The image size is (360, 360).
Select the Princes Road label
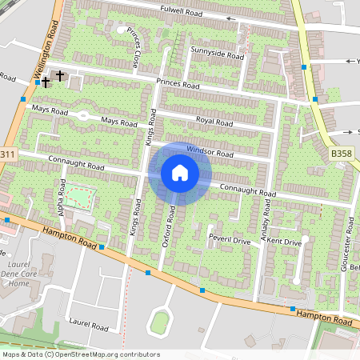pyautogui.click(x=178, y=84)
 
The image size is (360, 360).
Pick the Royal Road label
pyautogui.click(x=214, y=123)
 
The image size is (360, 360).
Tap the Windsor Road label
pyautogui.click(x=210, y=151)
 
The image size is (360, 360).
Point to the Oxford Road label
pyautogui.click(x=169, y=226)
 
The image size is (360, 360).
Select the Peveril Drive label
pyautogui.click(x=230, y=240)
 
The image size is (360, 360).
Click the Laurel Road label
pyautogui.click(x=89, y=326)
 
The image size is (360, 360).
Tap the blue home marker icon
pyautogui.click(x=180, y=173)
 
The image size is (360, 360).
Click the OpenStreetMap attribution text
pyautogui.click(x=81, y=354)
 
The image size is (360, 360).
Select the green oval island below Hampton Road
pyautogui.click(x=160, y=322)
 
